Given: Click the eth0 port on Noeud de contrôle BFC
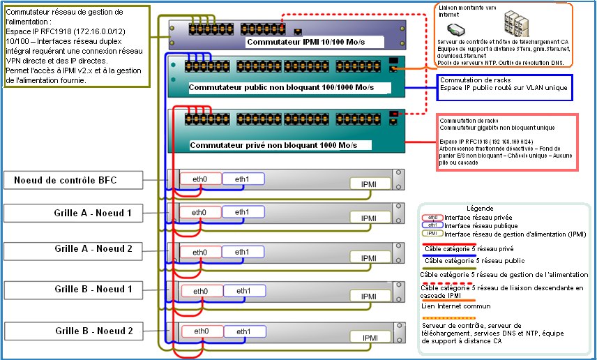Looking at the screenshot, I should coord(200,179).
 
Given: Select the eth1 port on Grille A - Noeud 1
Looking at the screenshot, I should coord(242,212).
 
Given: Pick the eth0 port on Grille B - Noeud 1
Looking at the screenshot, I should coord(200,291).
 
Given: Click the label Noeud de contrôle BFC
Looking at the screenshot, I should coord(66,181).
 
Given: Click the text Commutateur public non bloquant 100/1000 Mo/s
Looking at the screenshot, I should coord(281,88).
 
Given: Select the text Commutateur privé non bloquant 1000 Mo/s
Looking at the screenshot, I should coord(280,145).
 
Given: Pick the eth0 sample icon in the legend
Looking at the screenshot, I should coord(433,217).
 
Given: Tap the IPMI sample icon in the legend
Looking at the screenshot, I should coord(433,234).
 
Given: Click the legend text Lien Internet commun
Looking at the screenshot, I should coord(457,305).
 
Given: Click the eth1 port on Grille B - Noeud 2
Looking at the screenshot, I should coord(242,331).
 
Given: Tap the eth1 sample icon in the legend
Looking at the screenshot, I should coord(433,225).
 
